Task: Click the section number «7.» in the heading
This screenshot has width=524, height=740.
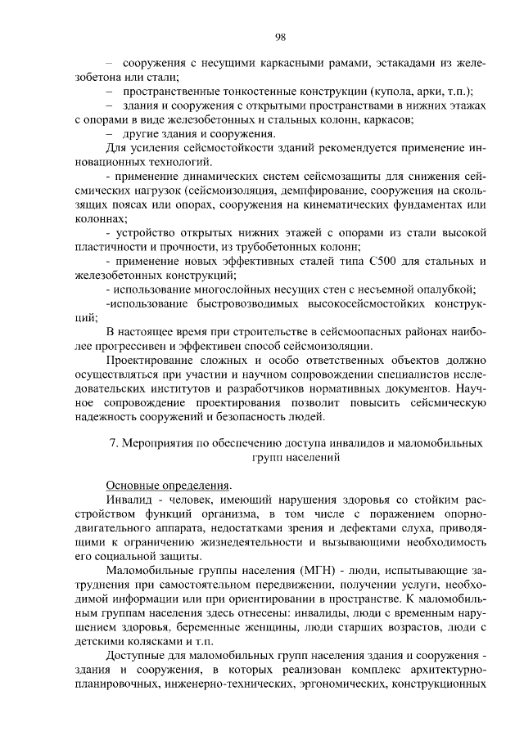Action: coord(114,445)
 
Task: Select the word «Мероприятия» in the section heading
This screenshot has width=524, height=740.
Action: coord(159,445)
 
